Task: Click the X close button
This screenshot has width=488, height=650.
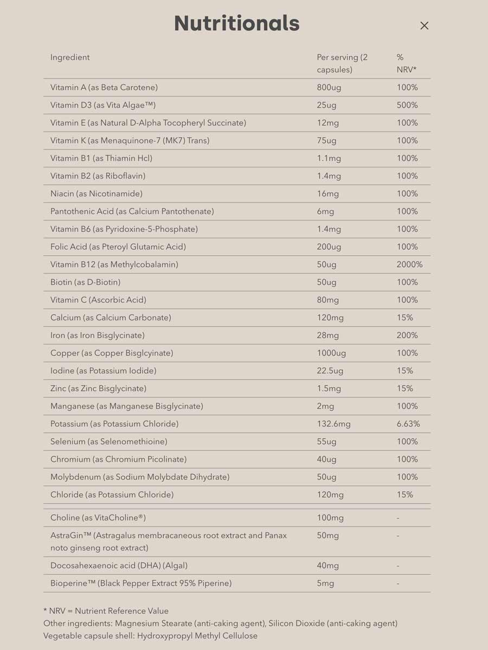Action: point(425,25)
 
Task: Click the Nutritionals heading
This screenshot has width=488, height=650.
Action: point(237,23)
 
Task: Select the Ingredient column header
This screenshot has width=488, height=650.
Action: point(70,57)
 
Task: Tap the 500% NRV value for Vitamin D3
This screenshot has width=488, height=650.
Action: point(407,105)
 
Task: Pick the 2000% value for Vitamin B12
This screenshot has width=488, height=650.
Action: point(409,264)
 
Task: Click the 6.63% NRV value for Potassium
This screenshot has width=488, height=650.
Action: point(408,424)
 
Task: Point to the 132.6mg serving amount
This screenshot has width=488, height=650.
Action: point(333,424)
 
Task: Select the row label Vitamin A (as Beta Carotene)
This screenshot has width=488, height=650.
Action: point(104,87)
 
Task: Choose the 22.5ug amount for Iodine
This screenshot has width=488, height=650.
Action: point(330,370)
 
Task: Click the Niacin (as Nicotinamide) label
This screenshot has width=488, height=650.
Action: point(97,193)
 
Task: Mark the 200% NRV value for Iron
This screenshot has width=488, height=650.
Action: point(407,335)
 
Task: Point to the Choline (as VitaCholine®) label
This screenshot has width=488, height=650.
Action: point(98,518)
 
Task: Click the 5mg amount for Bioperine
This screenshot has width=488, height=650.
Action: point(325,583)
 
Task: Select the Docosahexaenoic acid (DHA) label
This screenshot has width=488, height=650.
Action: point(119,565)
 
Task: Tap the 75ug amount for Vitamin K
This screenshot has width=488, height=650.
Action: point(326,140)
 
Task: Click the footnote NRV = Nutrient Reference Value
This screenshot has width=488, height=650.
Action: point(106,611)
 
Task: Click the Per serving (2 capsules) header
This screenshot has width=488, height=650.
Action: point(342,63)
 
